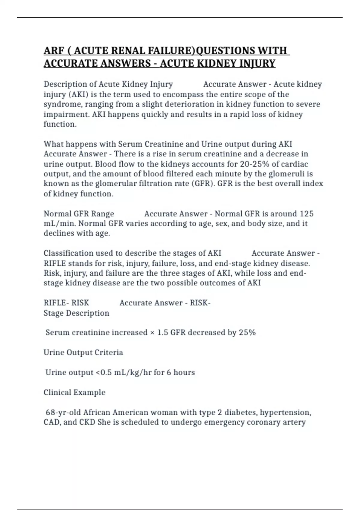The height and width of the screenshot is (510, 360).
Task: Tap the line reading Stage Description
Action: (x=76, y=313)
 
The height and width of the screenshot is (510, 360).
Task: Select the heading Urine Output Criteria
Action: (x=83, y=352)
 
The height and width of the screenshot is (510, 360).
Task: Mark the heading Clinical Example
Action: (x=74, y=392)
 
